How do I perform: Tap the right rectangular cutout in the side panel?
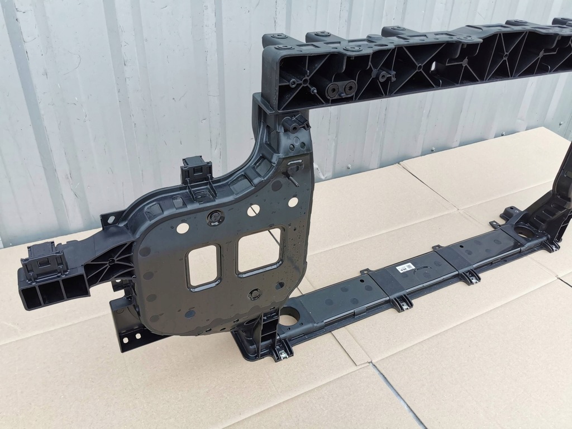pyautogui.click(x=259, y=250)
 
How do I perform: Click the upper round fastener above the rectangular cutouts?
pyautogui.click(x=214, y=217)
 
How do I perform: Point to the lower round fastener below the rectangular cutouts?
pyautogui.click(x=254, y=293)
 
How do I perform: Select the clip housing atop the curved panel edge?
pyautogui.click(x=197, y=169)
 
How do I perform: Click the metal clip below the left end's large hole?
pyautogui.click(x=283, y=351)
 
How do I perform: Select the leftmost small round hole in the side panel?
pyautogui.click(x=182, y=228)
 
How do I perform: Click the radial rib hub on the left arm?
pyautogui.click(x=112, y=261)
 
